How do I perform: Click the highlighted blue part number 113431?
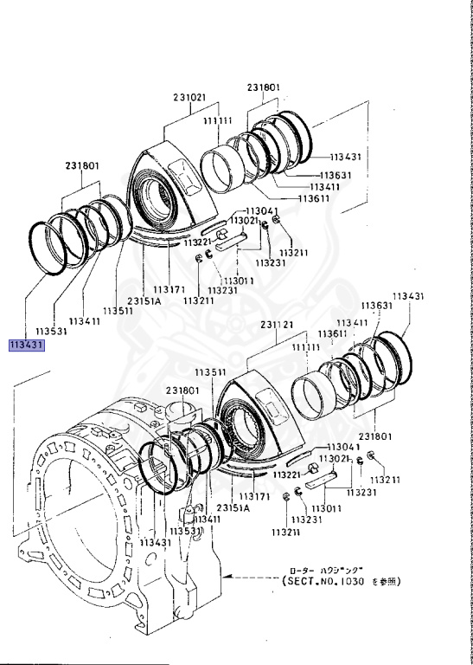pos(27,345)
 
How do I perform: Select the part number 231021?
pos(189,98)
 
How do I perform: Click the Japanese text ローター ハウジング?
pos(336,569)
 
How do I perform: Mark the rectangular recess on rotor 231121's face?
pos(272,409)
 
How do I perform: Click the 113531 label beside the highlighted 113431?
pos(51,331)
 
